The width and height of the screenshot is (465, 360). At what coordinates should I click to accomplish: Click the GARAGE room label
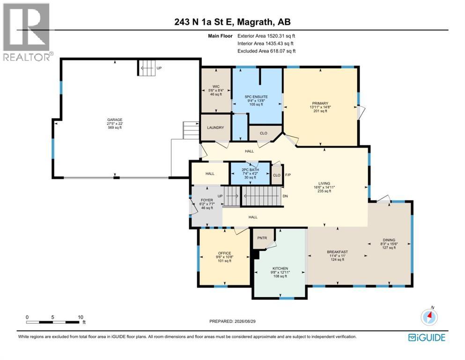[115, 120]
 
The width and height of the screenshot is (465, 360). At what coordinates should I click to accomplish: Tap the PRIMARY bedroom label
[320, 104]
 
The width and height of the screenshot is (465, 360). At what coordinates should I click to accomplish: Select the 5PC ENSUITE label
[256, 97]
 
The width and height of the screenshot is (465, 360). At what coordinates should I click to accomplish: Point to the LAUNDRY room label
[215, 127]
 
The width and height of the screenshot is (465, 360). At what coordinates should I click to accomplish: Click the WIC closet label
[216, 87]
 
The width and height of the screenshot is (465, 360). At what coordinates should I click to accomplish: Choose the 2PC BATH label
[250, 170]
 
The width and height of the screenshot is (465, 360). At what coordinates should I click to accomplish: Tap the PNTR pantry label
[262, 238]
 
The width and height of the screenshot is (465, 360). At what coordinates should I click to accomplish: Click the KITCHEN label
[280, 268]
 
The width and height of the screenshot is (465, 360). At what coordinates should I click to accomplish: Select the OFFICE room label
[224, 253]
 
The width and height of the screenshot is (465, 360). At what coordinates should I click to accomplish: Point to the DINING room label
[389, 240]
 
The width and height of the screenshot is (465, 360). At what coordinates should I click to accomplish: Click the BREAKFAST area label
[337, 252]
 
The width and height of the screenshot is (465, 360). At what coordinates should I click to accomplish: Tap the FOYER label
[207, 200]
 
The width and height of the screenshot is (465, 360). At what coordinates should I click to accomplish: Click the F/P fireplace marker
[288, 175]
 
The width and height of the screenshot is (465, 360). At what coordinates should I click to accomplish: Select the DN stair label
[285, 196]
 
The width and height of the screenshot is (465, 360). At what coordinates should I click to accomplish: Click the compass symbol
[429, 317]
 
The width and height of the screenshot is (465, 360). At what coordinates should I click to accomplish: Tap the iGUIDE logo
[427, 337]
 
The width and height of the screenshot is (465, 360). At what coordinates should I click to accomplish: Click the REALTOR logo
[26, 32]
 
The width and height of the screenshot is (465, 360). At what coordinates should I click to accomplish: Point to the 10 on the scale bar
[81, 317]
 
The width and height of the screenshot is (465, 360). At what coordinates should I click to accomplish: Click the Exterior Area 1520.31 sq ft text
[266, 36]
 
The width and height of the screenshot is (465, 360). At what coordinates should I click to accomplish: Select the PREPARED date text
[232, 321]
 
